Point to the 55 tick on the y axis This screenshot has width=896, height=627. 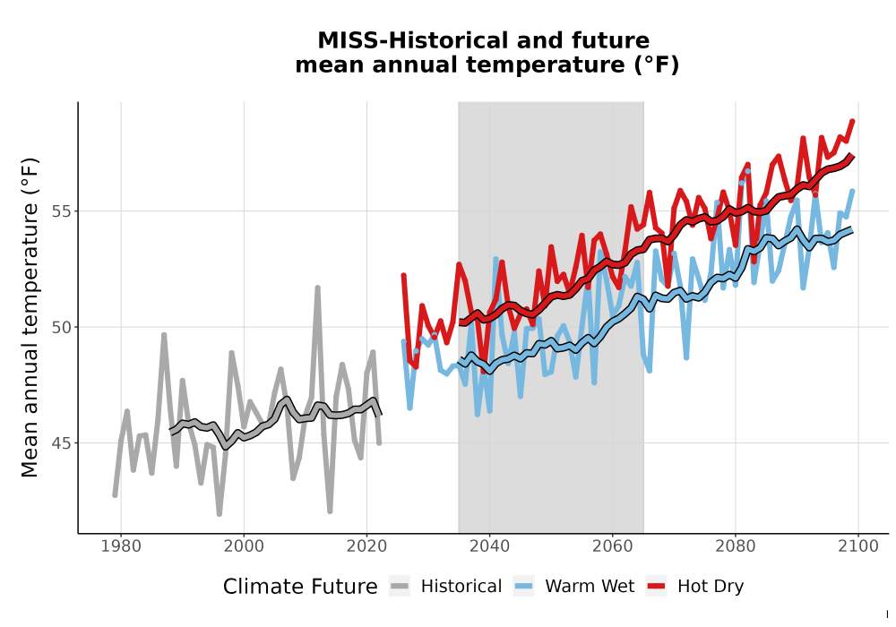[63, 211]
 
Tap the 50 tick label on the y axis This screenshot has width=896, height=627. [63, 327]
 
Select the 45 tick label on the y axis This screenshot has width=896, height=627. [63, 443]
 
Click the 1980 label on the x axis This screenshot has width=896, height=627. [121, 545]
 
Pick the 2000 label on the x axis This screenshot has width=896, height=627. [244, 545]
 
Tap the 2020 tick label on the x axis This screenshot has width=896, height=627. [366, 545]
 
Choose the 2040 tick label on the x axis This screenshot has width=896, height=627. [490, 545]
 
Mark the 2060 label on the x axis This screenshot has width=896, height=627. [613, 545]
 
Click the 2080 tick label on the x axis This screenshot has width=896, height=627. [736, 545]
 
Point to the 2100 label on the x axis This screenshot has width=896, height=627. [858, 545]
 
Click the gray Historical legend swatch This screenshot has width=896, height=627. [400, 587]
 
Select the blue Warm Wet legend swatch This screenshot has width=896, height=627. [523, 587]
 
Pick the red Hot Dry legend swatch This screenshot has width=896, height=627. [656, 587]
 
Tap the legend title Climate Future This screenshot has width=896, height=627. [300, 587]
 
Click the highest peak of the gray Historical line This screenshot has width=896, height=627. [318, 288]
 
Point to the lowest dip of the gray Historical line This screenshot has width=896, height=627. [220, 514]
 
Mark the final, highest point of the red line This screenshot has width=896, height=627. [853, 121]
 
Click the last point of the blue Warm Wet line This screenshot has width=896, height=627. [853, 192]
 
